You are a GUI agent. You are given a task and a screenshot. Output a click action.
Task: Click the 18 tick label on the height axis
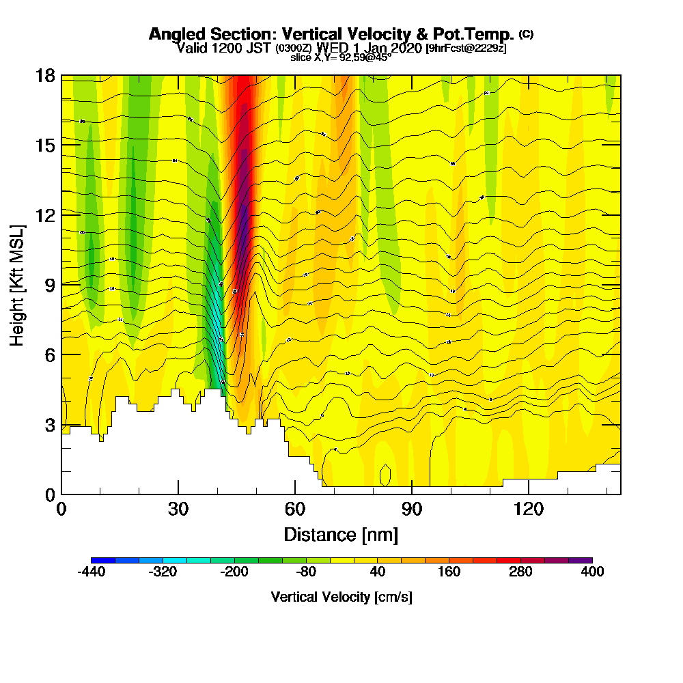tap(45, 75)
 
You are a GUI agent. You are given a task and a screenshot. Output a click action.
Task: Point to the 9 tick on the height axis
tap(61, 284)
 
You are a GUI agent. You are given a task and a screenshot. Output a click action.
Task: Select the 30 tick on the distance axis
tap(178, 494)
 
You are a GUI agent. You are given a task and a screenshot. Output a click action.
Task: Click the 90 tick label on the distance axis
tap(412, 509)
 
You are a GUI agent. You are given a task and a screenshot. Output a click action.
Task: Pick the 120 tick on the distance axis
tap(529, 494)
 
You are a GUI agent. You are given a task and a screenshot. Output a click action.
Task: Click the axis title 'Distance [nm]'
tap(341, 534)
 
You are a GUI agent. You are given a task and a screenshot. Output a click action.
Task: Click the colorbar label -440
tap(91, 572)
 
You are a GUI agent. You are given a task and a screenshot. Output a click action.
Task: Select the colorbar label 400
tap(592, 572)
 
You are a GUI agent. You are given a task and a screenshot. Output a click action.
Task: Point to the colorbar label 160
tap(449, 572)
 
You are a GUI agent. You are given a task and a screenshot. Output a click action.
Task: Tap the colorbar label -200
tap(234, 572)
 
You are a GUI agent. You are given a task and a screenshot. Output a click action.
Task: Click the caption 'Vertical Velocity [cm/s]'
tap(341, 597)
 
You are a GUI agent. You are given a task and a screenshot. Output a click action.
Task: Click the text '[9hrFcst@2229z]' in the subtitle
tap(465, 48)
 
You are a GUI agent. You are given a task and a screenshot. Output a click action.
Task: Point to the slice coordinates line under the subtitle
tap(341, 57)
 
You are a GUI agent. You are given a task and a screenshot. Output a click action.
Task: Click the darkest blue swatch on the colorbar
tap(103, 560)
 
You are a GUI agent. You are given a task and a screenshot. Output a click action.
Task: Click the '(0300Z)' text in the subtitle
tap(294, 48)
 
